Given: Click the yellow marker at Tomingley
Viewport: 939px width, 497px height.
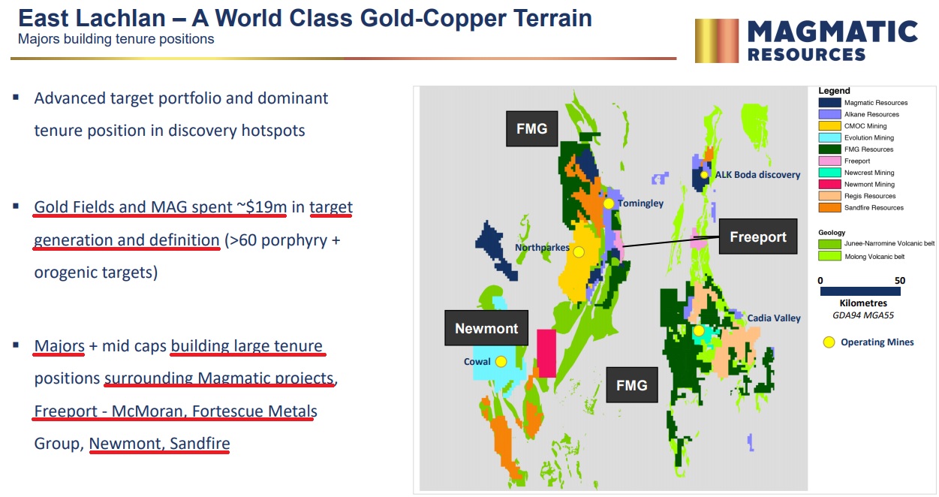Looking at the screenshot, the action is (608, 204).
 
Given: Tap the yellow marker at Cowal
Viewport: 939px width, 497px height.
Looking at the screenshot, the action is (501, 362).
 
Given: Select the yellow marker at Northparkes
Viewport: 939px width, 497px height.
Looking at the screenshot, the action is (579, 252).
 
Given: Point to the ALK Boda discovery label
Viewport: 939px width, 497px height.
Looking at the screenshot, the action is (757, 175).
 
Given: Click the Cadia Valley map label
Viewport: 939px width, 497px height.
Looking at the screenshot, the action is (774, 318).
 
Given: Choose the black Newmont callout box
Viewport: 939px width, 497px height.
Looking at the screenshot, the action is (486, 328).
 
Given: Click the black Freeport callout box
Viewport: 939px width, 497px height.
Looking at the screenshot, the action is (758, 236).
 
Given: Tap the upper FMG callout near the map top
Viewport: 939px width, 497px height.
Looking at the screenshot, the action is (532, 128).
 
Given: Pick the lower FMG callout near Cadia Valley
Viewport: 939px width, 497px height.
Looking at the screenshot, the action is (632, 385).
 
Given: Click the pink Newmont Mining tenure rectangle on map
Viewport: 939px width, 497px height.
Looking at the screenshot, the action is (546, 353).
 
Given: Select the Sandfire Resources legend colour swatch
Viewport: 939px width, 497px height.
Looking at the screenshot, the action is (829, 208).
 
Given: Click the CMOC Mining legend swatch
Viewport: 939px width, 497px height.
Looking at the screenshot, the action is (829, 126).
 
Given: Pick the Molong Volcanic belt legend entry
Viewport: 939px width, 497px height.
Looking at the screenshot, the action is (874, 256).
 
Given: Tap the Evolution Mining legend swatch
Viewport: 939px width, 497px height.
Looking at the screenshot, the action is (829, 137).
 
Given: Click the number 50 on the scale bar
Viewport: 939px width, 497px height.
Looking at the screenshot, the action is (900, 281).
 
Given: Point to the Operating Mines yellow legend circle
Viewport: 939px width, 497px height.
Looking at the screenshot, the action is (829, 342).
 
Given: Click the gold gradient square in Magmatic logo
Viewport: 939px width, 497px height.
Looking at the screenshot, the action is (716, 41).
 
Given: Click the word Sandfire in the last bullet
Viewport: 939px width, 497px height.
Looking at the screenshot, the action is (200, 443).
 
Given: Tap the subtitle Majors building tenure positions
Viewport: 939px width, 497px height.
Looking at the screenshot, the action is (116, 39).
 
